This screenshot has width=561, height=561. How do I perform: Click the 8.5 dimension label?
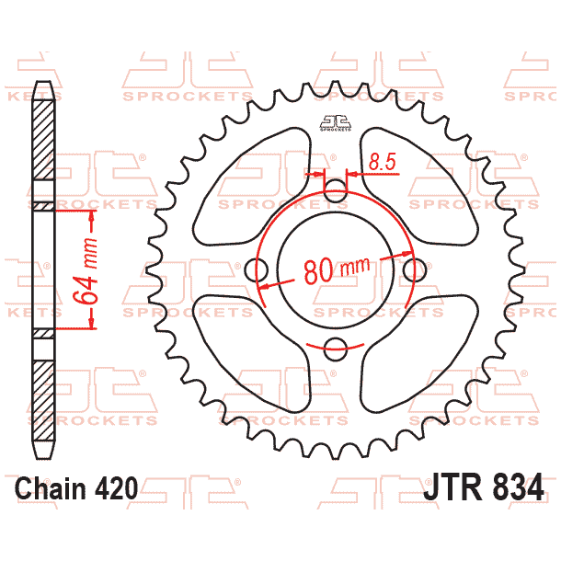pos(382,163)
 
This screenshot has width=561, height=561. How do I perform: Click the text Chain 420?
pos(76,487)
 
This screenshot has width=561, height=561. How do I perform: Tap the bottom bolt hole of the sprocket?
pos(337,349)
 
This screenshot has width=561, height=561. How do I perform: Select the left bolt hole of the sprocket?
pos(258,270)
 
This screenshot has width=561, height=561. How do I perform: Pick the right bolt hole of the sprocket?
pos(416,270)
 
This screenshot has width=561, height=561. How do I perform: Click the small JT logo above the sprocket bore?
pos(337,122)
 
